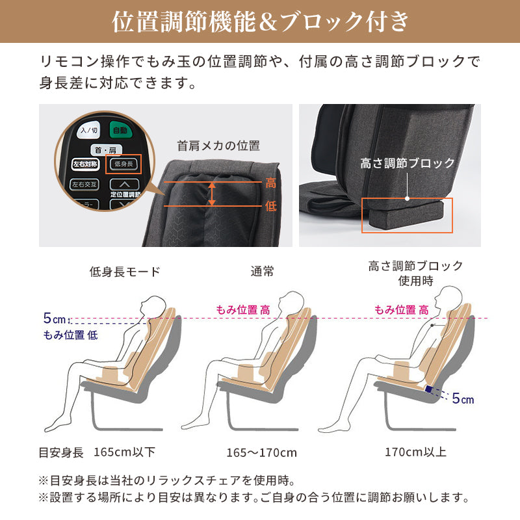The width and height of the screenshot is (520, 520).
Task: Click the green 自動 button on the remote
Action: pos(120,130)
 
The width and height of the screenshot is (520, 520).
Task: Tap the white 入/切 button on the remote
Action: pos(88,131)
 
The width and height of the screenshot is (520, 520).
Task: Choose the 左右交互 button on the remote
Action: pos(86,184)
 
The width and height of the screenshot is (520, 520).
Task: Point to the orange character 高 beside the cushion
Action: pos(271,184)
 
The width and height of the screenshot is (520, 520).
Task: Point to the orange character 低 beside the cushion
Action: pos(271,205)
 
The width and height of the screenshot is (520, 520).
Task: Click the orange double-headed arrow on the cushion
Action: pos(211,194)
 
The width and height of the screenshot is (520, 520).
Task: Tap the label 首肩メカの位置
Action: pos(218,146)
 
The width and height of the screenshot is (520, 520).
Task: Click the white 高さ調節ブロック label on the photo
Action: pos(408,163)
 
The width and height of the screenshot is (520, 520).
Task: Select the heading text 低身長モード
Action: pos(125,271)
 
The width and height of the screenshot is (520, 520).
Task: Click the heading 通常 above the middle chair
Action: pos(263,271)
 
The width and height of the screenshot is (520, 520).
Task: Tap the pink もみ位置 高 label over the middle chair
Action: pos(243,310)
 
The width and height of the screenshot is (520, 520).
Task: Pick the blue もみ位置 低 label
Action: pos(71,335)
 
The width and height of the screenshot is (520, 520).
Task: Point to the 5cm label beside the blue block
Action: pos(463,398)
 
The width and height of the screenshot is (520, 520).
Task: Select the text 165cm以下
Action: pos(125,452)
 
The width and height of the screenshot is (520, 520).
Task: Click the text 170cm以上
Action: pos(415,452)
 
